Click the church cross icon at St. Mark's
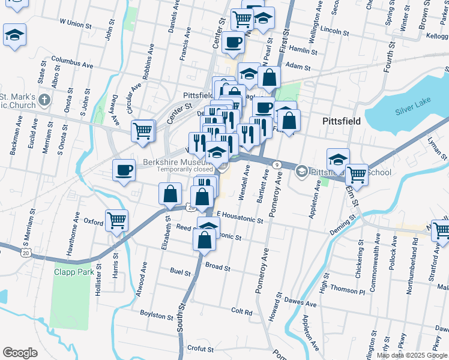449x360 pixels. point(43,99)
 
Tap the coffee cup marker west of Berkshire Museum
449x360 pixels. point(124,170)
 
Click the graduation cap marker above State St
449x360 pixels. point(14,35)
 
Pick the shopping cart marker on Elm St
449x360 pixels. point(357,175)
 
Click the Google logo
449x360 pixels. point(20,352)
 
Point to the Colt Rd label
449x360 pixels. point(241,311)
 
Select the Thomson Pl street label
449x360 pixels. point(348,290)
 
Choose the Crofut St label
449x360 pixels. point(200,348)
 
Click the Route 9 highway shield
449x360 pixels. point(276,164)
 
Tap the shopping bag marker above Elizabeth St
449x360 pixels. point(170,194)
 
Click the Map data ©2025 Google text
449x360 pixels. point(411,355)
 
